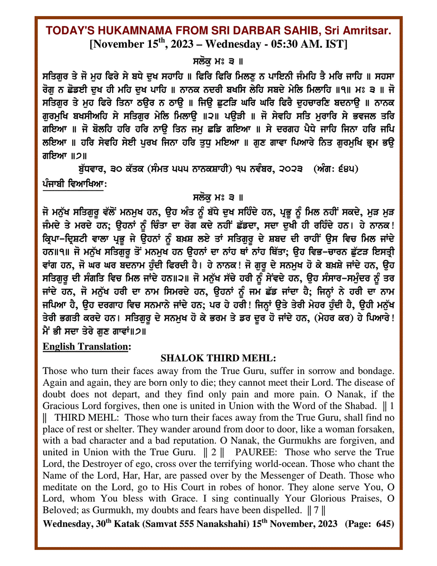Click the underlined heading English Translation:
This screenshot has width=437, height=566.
[x=86, y=346]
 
